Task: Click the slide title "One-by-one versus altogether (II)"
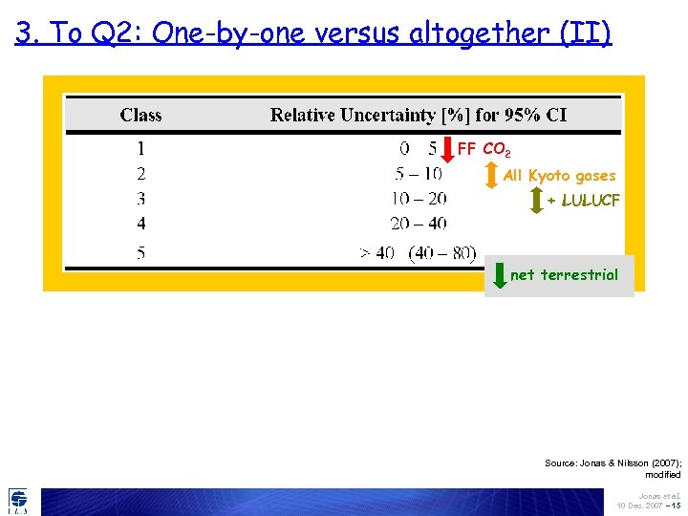312,33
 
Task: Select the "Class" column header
140,116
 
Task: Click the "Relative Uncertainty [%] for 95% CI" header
418,116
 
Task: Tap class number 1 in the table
140,149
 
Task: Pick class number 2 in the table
140,174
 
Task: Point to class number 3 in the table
140,199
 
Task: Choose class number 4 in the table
140,224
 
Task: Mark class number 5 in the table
140,253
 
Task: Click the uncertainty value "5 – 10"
419,174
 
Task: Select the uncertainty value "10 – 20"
419,199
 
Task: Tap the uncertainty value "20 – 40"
419,224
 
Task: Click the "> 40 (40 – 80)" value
417,253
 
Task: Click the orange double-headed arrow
492,175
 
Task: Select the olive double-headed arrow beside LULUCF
536,201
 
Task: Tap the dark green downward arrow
499,274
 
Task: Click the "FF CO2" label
484,150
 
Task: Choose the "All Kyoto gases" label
559,176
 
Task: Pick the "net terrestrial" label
564,275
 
